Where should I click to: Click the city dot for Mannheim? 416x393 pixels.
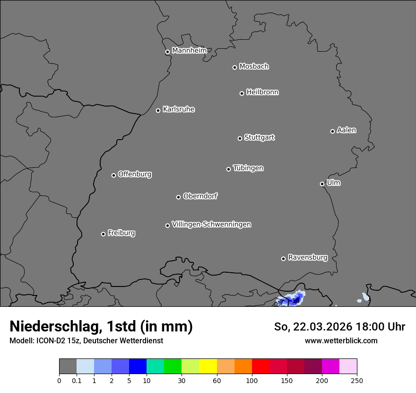(167, 52)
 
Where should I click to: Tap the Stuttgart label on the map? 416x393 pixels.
(259, 137)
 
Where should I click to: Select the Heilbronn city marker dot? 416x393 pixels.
(242, 93)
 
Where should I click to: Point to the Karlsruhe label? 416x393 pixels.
(179, 109)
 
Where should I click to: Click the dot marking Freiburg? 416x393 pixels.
(103, 234)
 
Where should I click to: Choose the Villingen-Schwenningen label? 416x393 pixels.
(211, 224)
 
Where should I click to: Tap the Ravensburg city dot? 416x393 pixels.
(283, 259)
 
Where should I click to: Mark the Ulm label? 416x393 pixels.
(333, 183)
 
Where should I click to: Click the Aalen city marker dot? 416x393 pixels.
(332, 131)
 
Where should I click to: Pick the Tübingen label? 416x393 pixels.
(248, 168)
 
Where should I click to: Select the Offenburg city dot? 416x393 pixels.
(113, 175)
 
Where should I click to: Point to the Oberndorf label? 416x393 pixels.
(200, 196)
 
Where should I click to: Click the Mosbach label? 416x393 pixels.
(254, 66)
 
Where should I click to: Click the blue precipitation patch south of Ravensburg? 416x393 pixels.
(291, 300)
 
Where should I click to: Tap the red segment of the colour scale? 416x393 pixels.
(260, 366)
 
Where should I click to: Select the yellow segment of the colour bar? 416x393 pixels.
(208, 366)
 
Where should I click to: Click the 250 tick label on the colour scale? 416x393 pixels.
(357, 380)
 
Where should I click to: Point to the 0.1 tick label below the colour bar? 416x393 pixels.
(77, 380)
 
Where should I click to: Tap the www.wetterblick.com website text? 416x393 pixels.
(341, 340)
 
